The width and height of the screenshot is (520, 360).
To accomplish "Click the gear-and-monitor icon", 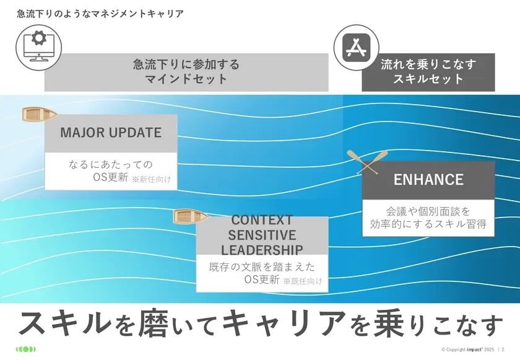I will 38,45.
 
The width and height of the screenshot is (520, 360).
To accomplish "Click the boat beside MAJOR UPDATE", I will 39,114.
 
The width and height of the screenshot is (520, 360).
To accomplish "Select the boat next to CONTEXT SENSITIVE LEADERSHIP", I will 190,216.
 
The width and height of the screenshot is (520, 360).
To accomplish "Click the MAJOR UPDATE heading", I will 111,133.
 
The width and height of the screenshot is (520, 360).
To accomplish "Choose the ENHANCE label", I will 428,180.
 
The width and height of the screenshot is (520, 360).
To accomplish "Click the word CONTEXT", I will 261,221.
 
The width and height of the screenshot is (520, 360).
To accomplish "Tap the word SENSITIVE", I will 262,235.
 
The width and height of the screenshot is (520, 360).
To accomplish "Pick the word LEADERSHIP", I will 262,250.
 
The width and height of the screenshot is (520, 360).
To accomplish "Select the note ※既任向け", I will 303,281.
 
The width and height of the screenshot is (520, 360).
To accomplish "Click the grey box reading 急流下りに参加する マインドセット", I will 186,72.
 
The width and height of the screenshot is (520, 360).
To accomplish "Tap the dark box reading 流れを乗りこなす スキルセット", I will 428,72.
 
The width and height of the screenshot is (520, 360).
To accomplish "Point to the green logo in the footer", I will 26,349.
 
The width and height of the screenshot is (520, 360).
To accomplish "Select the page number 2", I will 503,349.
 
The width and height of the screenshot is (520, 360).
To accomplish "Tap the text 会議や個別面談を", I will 428,211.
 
